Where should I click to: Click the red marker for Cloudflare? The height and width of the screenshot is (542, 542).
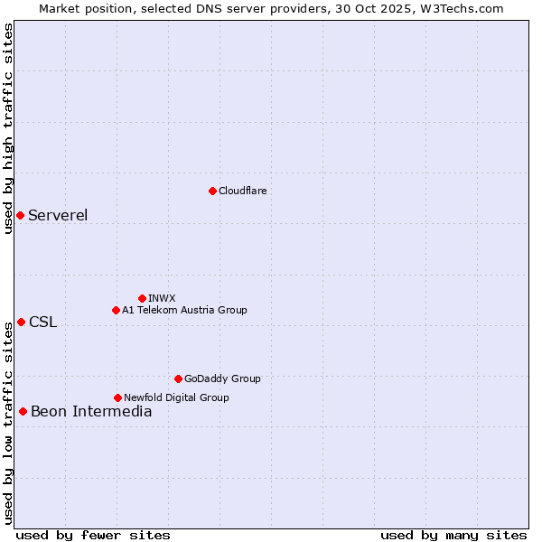point(212,191)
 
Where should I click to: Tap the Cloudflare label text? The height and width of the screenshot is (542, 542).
point(243,191)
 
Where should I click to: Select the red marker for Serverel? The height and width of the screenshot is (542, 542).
point(20,215)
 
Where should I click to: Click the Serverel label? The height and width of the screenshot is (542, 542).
point(58,215)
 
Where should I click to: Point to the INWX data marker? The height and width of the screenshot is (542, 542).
point(142,298)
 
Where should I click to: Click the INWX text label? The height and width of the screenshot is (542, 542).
point(162,298)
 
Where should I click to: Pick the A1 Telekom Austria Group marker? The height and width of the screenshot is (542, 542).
point(116,310)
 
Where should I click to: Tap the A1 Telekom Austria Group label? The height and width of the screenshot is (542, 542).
point(184,310)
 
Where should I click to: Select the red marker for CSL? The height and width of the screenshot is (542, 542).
point(21,322)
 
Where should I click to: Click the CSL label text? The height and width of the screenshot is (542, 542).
point(42,322)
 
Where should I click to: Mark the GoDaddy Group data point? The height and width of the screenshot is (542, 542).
point(178,378)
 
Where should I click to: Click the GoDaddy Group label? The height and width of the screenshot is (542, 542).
point(222,378)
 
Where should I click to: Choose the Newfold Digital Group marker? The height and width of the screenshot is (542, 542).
point(117,397)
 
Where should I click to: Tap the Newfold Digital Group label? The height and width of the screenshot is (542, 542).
point(176,397)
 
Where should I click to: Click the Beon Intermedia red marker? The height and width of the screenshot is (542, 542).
point(23,411)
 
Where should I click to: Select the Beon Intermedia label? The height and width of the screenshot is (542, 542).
point(91,412)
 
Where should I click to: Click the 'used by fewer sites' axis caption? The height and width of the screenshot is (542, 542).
point(93,535)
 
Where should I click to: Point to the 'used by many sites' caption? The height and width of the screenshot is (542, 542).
point(453,535)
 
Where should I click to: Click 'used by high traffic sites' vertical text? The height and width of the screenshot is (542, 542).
point(8,128)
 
